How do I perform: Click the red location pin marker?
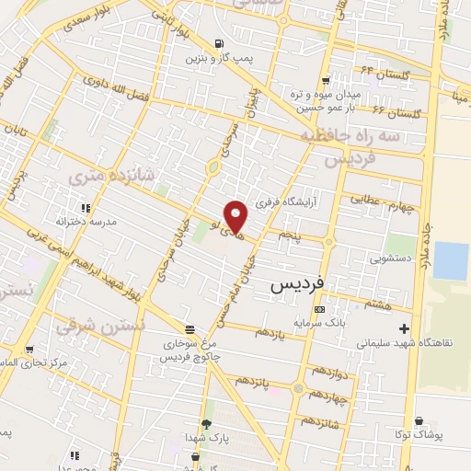point(236,215)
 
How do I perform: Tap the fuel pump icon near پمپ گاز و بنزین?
point(218,43)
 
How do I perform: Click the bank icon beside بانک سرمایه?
point(319,309)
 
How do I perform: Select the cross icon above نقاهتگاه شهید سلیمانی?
point(403,328)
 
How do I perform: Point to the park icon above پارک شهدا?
point(206,423)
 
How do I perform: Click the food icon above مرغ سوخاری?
point(190,329)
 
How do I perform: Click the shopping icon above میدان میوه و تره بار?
point(358,79)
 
